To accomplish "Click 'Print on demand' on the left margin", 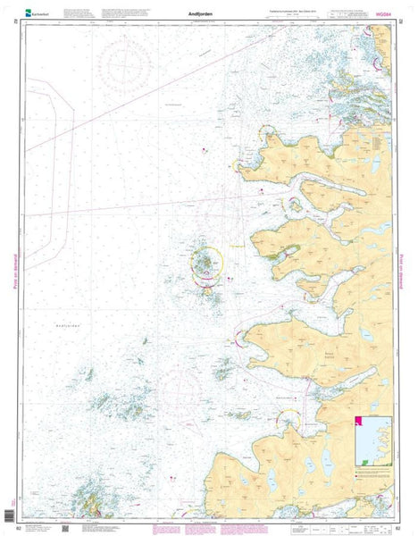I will (16, 268).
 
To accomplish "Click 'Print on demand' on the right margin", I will (403, 268).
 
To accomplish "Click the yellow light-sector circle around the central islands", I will (208, 262).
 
